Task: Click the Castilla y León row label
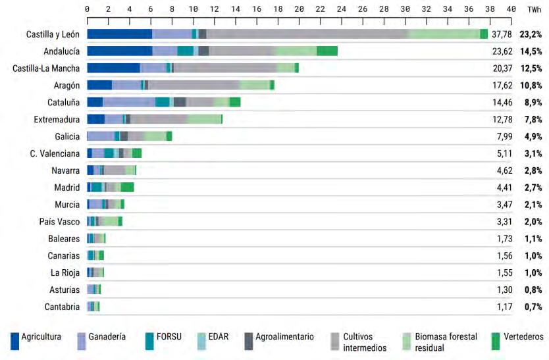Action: (53, 34)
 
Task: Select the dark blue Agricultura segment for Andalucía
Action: (119, 51)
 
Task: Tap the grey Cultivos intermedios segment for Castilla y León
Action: (307, 34)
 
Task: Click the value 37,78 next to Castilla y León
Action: (502, 34)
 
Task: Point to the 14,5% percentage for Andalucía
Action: (531, 51)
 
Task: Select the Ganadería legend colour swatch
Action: (82, 341)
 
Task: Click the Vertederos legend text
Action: (525, 336)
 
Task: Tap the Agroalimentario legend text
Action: (284, 336)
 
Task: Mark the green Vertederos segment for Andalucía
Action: (327, 51)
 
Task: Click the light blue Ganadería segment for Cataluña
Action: (129, 102)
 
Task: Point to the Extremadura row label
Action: (57, 119)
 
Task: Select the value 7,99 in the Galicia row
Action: (502, 136)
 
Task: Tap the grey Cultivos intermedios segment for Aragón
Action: (194, 85)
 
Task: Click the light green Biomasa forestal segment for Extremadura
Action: (204, 119)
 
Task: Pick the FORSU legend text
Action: (169, 336)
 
